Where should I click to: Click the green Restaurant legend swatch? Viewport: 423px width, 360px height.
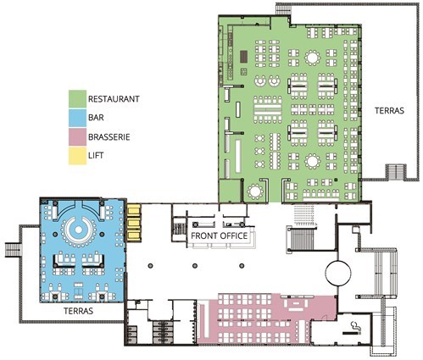pos(77,99)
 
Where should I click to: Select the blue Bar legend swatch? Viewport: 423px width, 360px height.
pos(77,118)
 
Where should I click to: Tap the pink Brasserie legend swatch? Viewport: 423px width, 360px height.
pos(77,137)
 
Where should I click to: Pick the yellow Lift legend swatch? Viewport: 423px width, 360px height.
pos(77,156)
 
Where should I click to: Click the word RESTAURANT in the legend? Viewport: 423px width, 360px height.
pos(114,99)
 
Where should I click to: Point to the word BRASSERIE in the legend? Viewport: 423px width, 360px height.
pos(109,137)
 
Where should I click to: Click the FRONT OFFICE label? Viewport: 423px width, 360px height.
pos(220,235)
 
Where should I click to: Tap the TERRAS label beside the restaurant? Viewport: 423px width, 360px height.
pos(389,111)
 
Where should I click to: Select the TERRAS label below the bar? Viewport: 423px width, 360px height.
pos(78,311)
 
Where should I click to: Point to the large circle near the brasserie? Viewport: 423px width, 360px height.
pos(338,274)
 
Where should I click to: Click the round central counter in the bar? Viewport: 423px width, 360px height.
pos(79,230)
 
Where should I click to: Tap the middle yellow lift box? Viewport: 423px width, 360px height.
pos(134,223)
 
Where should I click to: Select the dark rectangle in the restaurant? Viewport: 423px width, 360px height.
pos(244,57)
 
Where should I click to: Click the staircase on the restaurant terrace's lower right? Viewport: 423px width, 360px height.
pos(396,171)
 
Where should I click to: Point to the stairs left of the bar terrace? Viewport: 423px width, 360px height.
pos(13,250)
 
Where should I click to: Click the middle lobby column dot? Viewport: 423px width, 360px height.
pos(195,266)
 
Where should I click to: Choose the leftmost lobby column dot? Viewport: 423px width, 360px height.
pos(151,266)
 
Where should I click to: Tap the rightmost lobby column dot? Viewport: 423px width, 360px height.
pos(242,266)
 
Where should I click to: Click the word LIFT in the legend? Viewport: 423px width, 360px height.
pos(96,155)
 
